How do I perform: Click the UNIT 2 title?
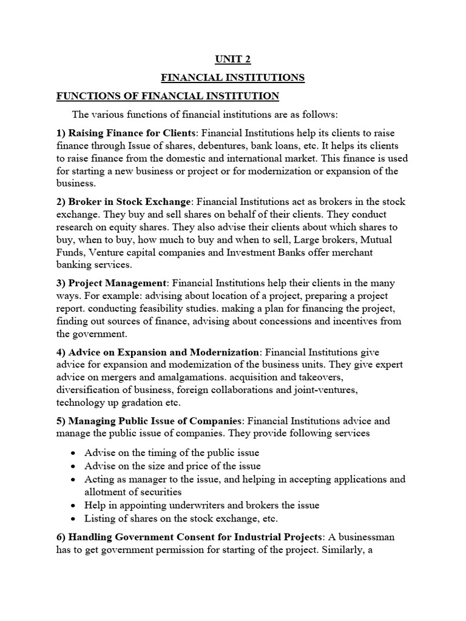coord(232,59)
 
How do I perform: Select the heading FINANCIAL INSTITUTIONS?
coord(232,78)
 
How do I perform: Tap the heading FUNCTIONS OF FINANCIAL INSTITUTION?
coord(167,96)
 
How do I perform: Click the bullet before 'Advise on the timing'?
coord(73,454)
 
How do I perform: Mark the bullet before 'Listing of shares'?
coord(73,519)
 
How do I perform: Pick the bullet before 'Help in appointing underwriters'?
coord(73,506)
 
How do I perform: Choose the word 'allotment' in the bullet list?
coord(107,492)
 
